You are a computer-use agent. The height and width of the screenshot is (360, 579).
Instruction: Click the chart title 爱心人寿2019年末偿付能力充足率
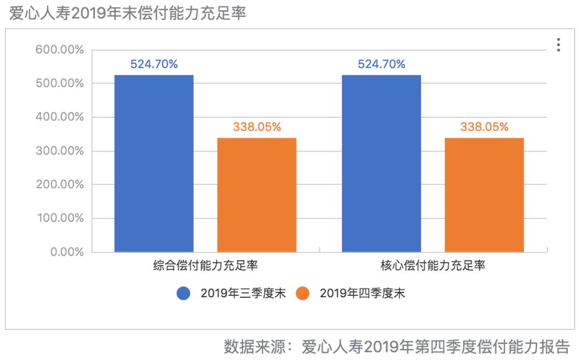pyautogui.click(x=128, y=13)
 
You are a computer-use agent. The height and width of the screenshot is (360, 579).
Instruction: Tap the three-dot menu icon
pyautogui.click(x=558, y=45)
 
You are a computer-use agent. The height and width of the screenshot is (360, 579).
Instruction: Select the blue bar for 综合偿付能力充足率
pyautogui.click(x=154, y=163)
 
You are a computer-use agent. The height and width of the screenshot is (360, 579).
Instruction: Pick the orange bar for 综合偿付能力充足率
pyautogui.click(x=257, y=195)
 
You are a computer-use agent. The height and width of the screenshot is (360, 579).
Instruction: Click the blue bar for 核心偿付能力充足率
pyautogui.click(x=381, y=163)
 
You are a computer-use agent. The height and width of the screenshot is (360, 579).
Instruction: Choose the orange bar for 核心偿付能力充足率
pyautogui.click(x=484, y=195)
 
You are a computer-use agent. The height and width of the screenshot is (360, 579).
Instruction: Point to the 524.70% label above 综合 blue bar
pyautogui.click(x=154, y=65)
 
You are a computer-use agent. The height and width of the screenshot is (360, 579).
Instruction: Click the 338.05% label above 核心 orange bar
pyautogui.click(x=484, y=127)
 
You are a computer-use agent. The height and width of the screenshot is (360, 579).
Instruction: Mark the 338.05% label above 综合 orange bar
pyautogui.click(x=257, y=127)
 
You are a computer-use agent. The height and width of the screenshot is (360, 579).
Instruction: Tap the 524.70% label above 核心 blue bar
pyautogui.click(x=381, y=65)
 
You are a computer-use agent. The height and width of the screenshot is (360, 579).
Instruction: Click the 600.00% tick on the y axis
pyautogui.click(x=60, y=50)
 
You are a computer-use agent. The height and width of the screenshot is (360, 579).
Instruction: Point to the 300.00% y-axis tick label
pyautogui.click(x=60, y=151)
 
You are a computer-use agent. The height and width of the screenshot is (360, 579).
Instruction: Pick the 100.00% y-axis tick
pyautogui.click(x=60, y=218)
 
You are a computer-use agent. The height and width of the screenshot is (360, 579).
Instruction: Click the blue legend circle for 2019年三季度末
pyautogui.click(x=183, y=293)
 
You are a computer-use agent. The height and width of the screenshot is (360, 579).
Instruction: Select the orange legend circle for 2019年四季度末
pyautogui.click(x=302, y=293)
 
